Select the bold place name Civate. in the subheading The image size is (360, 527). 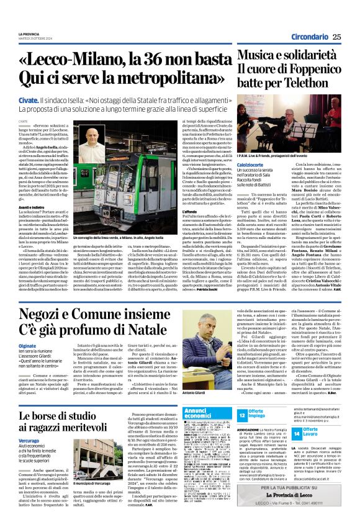click(x=28, y=99)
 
